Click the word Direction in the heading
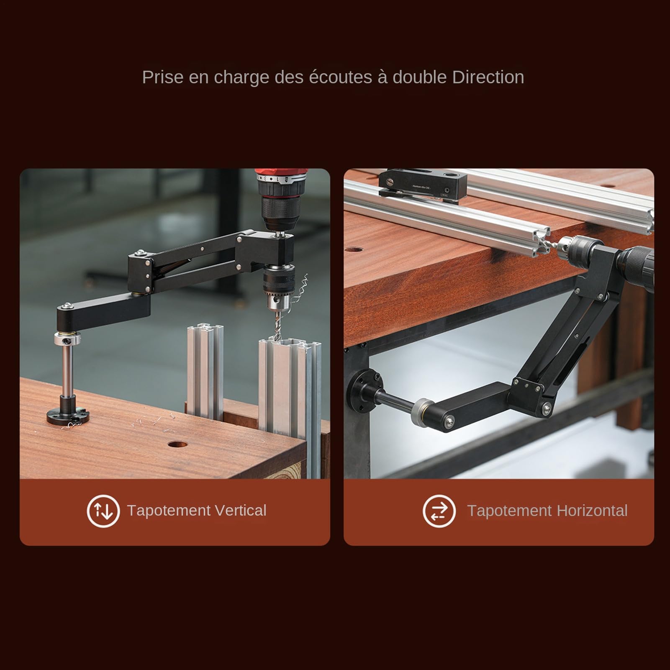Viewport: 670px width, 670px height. pyautogui.click(x=488, y=77)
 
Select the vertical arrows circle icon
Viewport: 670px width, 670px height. pyautogui.click(x=103, y=511)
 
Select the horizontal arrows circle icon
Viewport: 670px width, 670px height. pyautogui.click(x=439, y=511)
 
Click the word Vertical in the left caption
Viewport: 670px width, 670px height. pyautogui.click(x=240, y=511)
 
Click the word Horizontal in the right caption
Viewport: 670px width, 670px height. pyautogui.click(x=592, y=511)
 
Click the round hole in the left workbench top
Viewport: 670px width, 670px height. pyautogui.click(x=178, y=445)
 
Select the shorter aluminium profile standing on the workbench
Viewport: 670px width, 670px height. pyautogui.click(x=205, y=370)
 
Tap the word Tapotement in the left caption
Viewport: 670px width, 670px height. pyautogui.click(x=169, y=511)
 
